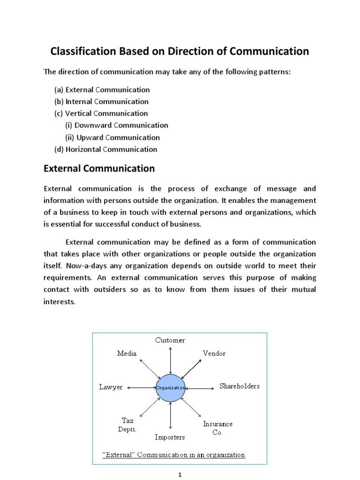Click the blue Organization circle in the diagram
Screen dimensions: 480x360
(170, 388)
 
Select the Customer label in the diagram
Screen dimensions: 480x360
(170, 340)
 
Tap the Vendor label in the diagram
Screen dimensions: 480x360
(214, 353)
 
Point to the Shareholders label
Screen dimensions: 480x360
(240, 386)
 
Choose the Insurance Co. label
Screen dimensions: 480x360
(217, 428)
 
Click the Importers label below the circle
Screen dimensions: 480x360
(170, 437)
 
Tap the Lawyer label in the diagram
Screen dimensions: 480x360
(111, 387)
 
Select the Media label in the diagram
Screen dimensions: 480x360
(127, 353)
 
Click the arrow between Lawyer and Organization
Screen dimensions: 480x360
(141, 388)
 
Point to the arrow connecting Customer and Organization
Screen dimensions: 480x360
(170, 360)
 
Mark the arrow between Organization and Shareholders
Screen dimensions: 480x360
(201, 388)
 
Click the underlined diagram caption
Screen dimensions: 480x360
(173, 455)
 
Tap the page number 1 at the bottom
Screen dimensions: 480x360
(180, 474)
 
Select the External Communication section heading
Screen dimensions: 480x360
(99, 168)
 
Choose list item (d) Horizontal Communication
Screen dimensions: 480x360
(106, 150)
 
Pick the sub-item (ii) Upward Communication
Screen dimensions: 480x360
(112, 137)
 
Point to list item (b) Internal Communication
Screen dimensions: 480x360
(102, 102)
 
